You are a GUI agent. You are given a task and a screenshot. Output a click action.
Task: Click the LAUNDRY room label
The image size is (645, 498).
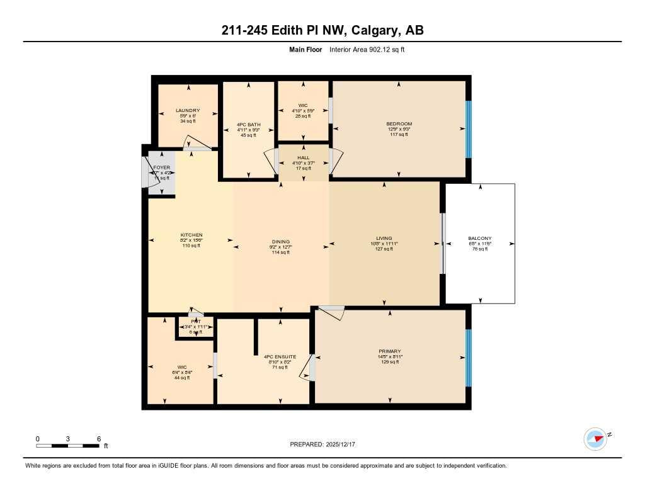[188, 111]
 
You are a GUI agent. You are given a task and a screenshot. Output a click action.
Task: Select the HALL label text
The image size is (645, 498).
[304, 157]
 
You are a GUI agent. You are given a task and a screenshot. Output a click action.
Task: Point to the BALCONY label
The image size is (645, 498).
[480, 239]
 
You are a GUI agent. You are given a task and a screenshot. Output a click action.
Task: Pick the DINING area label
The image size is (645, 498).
[280, 242]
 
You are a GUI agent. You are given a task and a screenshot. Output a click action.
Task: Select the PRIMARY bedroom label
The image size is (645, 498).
[390, 351]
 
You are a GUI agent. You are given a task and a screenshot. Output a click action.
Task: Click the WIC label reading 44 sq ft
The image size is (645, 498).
[165, 367]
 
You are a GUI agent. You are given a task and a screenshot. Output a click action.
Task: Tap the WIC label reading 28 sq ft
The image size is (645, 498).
[303, 106]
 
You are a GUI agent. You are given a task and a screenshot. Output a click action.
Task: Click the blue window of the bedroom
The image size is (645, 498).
[468, 129]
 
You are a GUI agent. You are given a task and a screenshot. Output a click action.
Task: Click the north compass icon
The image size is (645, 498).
[595, 439]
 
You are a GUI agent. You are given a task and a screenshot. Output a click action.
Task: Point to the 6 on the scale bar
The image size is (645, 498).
[99, 439]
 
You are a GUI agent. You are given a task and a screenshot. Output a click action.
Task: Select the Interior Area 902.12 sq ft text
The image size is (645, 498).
[366, 49]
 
